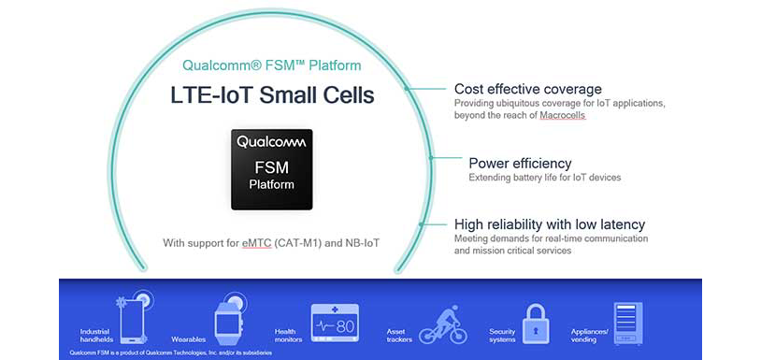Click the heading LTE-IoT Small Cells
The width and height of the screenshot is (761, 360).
(271, 95)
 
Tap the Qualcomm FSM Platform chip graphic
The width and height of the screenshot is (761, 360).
(271, 168)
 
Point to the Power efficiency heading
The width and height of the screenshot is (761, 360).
(520, 164)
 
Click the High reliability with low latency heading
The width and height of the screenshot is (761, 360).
(549, 224)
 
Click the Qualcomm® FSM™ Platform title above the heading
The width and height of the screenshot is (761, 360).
(271, 66)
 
